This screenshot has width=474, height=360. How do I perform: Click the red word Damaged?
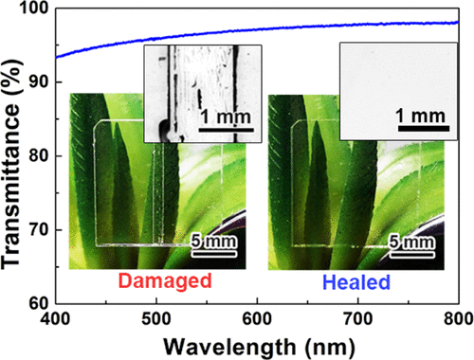click(x=157, y=282)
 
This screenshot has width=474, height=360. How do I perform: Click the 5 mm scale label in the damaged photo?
click(x=216, y=243)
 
